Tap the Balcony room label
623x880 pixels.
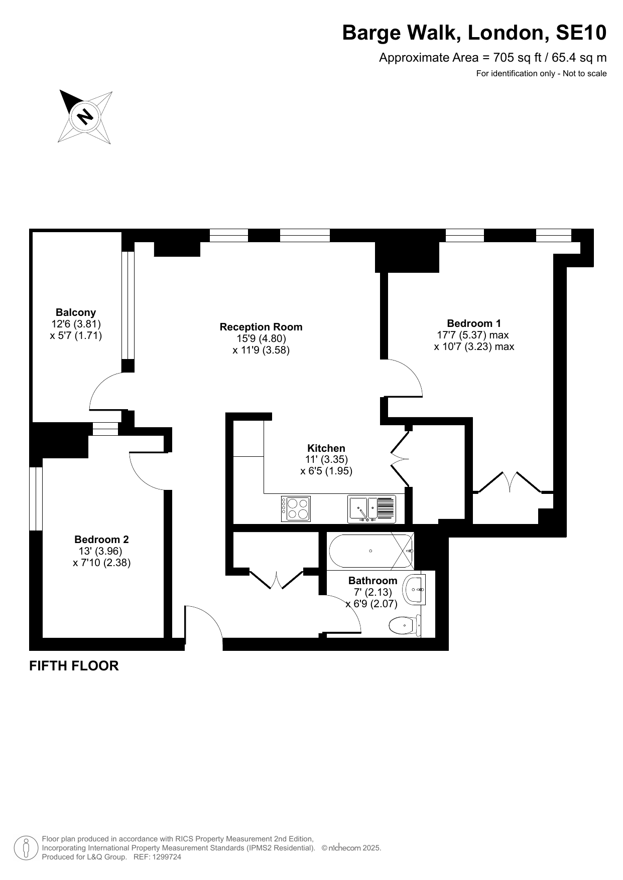tap(76, 312)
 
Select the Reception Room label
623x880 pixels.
tap(261, 327)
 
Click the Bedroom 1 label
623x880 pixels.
tap(474, 323)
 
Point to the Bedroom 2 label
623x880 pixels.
tap(101, 540)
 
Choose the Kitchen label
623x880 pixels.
tap(326, 448)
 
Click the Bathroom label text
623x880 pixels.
tap(372, 581)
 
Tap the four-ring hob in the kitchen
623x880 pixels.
tap(296, 509)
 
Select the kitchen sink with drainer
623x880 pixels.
tap(371, 509)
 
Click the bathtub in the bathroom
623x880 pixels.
tap(370, 551)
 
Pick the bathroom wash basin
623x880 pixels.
tap(416, 590)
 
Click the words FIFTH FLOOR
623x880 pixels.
tap(74, 666)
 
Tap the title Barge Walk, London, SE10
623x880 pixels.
tap(474, 33)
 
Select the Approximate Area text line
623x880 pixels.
tap(492, 58)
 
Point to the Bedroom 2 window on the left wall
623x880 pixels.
tap(36, 498)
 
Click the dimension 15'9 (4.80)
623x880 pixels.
tap(261, 338)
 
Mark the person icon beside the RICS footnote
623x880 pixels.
tap(26, 848)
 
